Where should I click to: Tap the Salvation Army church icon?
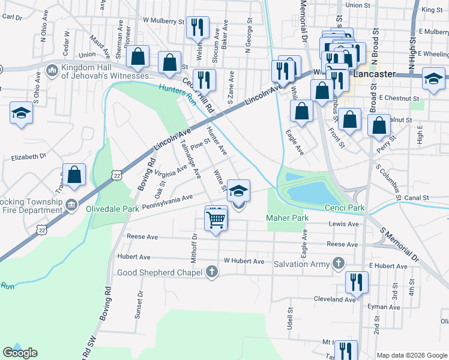coord(339,263)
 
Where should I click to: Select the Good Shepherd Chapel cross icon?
coord(211,272)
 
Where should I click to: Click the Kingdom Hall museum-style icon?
coord(52,71)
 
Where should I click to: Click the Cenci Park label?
coord(345,208)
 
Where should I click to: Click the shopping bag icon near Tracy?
coord(74,175)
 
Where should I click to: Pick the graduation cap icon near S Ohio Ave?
coord(21,113)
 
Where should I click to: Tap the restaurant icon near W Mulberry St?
coord(196,27)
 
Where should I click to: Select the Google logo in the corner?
coord(20,353)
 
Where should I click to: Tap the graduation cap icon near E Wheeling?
coord(433,78)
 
